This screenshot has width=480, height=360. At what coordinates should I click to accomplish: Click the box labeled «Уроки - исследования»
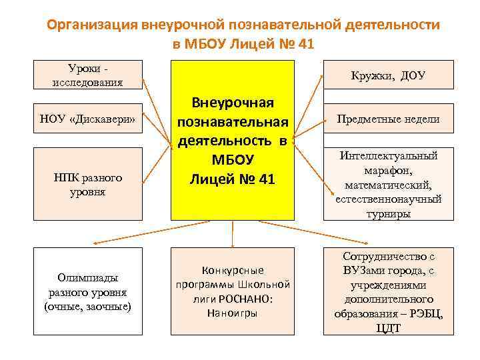(x=88, y=75)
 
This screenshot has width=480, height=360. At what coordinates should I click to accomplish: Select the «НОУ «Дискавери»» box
(x=88, y=119)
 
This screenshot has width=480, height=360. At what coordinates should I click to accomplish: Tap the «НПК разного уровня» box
(x=88, y=184)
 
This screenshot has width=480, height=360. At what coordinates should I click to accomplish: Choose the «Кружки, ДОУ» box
(x=388, y=75)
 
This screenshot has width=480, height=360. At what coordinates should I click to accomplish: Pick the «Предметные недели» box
(x=388, y=119)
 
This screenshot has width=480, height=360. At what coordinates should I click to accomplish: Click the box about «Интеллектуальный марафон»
(x=388, y=184)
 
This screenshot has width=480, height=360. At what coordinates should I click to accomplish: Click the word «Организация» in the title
(x=92, y=25)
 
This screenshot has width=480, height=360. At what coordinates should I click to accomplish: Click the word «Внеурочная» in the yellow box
(x=233, y=103)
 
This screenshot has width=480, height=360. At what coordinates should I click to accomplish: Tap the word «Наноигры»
(x=232, y=312)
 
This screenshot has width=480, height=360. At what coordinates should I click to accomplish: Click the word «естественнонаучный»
(x=388, y=199)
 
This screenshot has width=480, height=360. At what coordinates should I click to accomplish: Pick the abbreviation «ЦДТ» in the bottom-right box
(x=388, y=328)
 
